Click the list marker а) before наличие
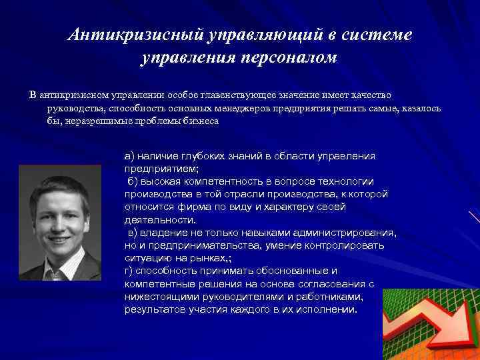(x=130, y=155)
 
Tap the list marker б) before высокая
(x=133, y=181)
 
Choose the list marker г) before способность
(x=129, y=271)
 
